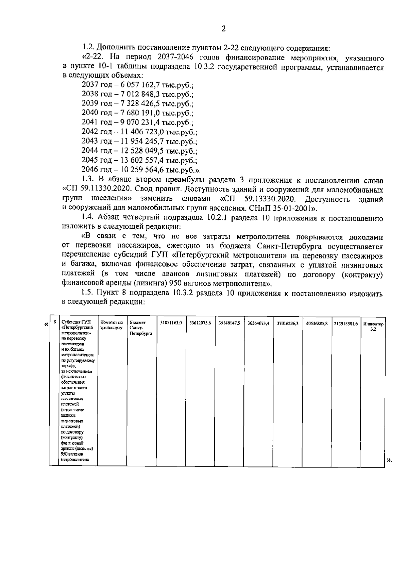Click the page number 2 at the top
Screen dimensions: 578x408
coord(223,29)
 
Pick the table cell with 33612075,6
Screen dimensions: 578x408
coord(200,323)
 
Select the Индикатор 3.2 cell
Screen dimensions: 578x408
coord(373,327)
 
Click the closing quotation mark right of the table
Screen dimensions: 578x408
coord(389,461)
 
